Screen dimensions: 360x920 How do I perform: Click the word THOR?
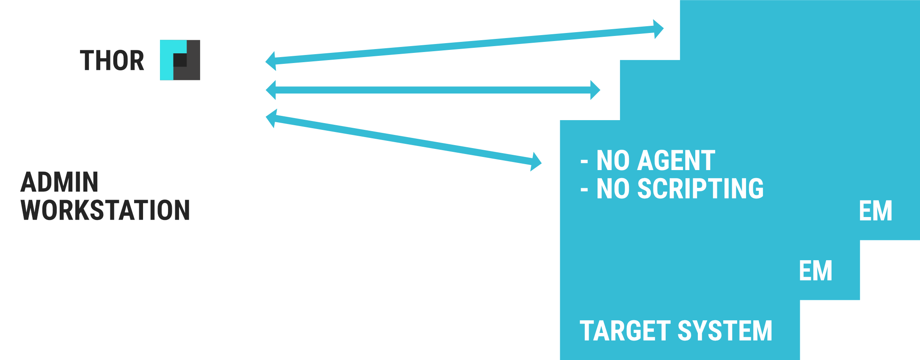[x=112, y=60]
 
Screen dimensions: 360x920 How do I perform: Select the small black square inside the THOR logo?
[x=180, y=60]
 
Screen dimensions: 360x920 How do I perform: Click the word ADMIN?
[x=60, y=182]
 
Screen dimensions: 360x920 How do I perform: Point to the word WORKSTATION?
[x=105, y=210]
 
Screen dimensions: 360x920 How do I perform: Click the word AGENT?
[x=676, y=161]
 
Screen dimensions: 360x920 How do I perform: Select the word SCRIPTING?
[x=700, y=189]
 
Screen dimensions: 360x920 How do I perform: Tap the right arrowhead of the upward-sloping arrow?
[x=658, y=29]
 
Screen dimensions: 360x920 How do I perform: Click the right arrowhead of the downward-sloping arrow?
[x=536, y=162]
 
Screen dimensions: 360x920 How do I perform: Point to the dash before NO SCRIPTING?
[x=584, y=190]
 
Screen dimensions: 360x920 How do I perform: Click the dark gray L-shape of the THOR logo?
[x=193, y=72]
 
